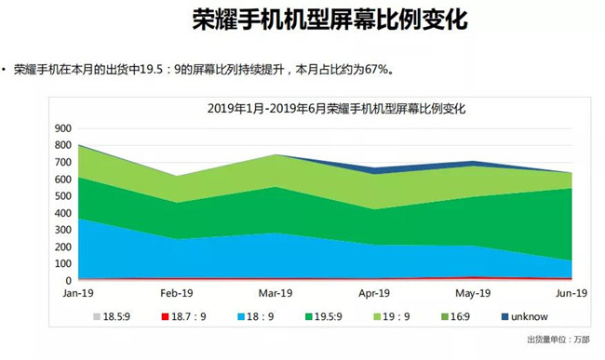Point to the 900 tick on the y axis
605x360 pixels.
[63, 127]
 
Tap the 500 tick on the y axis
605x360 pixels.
[63, 195]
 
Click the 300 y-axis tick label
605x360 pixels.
[63, 229]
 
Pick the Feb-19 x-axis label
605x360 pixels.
[178, 292]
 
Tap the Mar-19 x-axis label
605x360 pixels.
[276, 292]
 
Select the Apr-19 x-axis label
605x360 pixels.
[375, 292]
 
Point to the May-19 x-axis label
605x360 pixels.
[474, 292]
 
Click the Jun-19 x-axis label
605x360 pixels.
[571, 292]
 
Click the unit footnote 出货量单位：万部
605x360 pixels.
[558, 340]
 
